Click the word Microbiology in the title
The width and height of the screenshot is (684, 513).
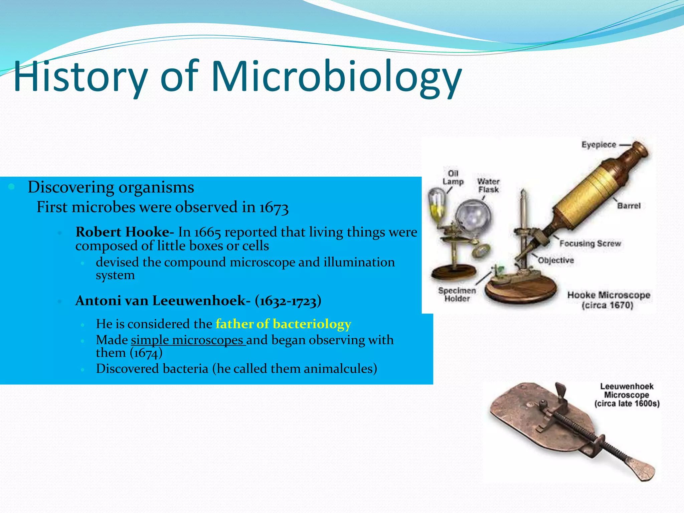(x=336, y=77)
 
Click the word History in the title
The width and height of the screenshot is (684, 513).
(x=80, y=77)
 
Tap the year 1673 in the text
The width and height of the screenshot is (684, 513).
(x=274, y=207)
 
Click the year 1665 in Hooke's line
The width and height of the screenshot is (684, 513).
(x=207, y=232)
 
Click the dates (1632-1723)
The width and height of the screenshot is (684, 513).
(x=288, y=301)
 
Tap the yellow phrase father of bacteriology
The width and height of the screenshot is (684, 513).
(x=283, y=324)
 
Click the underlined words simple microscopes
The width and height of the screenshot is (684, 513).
(x=188, y=340)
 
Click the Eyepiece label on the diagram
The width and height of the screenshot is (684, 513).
(x=598, y=145)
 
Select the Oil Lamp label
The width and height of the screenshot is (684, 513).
(x=453, y=178)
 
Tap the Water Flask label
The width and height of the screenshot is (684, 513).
(x=488, y=186)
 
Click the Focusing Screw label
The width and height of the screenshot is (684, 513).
(x=590, y=243)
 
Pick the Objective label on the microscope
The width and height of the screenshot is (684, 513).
(x=556, y=260)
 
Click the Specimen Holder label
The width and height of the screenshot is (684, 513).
(x=457, y=295)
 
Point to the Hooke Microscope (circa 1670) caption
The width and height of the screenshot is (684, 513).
(x=609, y=300)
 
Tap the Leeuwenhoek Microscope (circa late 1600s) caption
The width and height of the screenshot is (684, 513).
(x=627, y=395)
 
